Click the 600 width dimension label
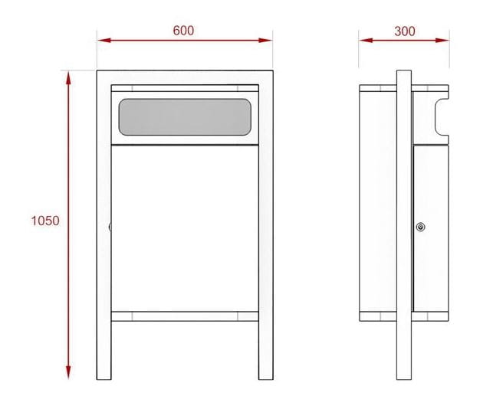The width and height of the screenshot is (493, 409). [183, 31]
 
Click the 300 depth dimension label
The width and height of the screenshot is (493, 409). [405, 31]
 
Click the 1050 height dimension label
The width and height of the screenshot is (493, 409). [45, 221]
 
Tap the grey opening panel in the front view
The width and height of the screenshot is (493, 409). [185, 117]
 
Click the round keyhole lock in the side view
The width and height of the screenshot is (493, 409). [421, 227]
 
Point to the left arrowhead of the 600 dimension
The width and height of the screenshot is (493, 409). [104, 40]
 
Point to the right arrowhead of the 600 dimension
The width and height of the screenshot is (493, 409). [265, 40]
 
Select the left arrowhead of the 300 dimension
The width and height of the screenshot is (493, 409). [366, 40]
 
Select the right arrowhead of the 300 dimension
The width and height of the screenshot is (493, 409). [442, 40]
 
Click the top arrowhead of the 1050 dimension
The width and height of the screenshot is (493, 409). [68, 77]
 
